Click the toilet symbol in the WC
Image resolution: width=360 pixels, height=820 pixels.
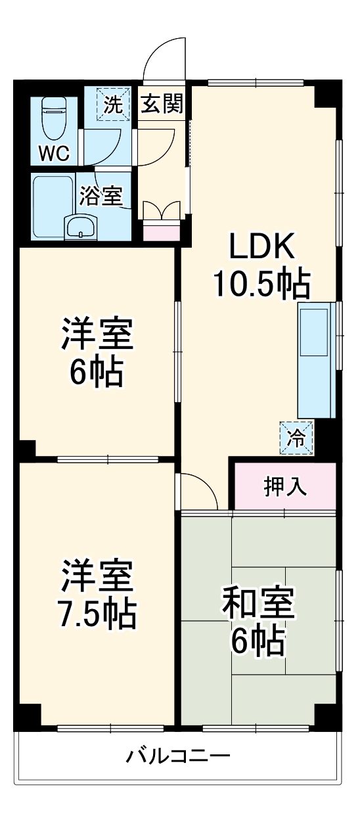coord(52,119)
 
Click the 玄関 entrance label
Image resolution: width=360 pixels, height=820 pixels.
coord(162,104)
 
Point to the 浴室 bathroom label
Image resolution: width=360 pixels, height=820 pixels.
coord(101,196)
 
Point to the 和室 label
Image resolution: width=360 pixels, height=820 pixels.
coord(258,604)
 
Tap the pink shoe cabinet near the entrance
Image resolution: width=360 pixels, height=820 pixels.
coord(161,231)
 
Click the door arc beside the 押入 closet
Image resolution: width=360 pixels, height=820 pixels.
coord(200,490)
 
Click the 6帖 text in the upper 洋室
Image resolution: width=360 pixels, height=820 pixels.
coord(97,373)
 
